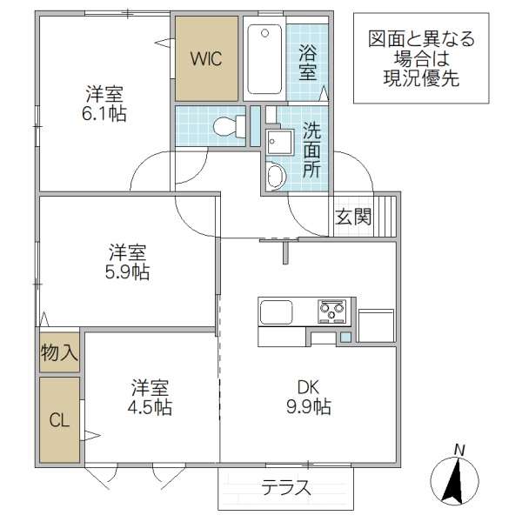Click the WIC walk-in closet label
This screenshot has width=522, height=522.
(207, 59)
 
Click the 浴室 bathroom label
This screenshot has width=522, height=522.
(309, 64)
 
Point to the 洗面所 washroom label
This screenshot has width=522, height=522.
(311, 150)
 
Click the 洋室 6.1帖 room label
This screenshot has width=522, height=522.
(105, 103)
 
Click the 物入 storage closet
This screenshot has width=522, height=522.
(59, 352)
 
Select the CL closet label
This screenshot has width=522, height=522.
(59, 421)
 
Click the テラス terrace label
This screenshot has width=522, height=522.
(286, 488)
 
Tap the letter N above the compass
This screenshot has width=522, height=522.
(459, 449)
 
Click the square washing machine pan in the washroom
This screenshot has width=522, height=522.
(280, 141)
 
